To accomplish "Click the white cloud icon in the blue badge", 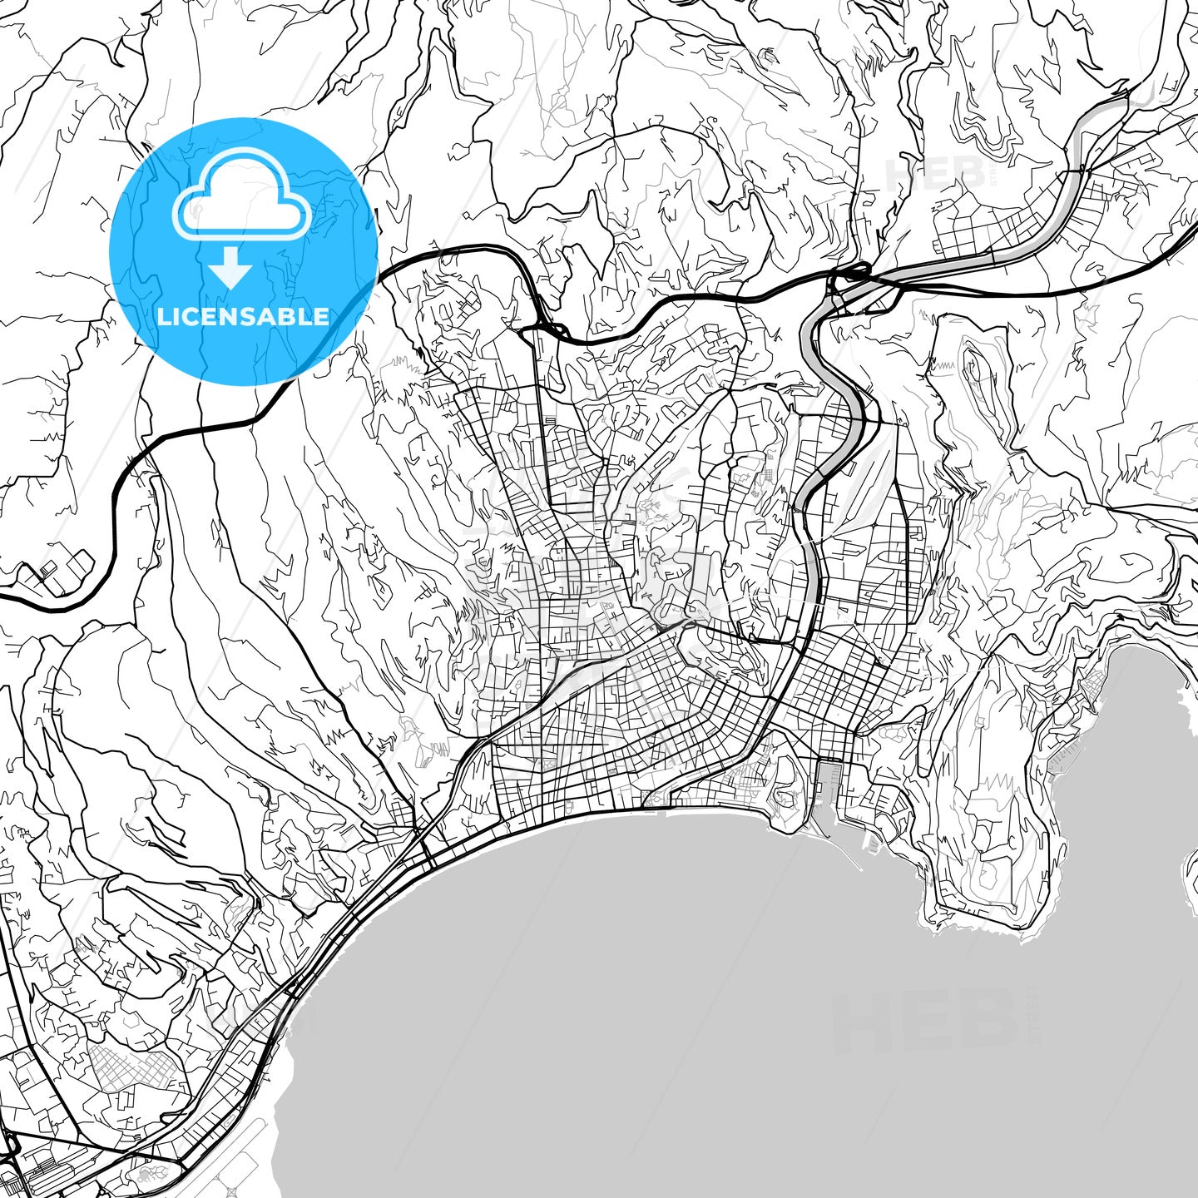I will click(241, 204).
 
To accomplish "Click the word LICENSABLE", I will click(243, 316).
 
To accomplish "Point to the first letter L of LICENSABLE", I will click(163, 316).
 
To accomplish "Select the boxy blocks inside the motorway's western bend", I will click(58, 574).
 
